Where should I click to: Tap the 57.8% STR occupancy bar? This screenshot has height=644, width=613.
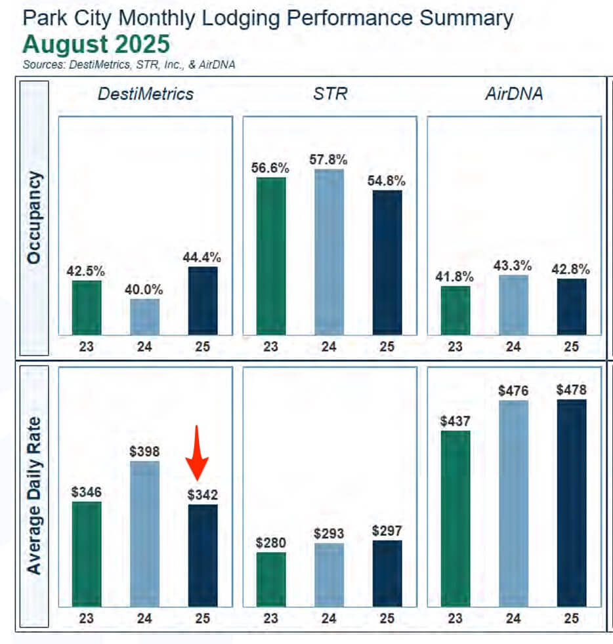pos(329,252)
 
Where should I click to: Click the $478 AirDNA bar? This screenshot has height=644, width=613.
pos(571,502)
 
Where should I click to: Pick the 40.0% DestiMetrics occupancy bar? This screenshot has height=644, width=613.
pos(144,316)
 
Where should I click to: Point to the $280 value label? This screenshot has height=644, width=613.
pos(270,542)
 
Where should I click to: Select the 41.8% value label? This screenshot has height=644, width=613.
pos(455,275)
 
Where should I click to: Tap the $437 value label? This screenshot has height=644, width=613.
pos(455,421)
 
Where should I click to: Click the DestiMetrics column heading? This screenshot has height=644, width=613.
pos(146,94)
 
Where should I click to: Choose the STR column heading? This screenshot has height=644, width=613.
pos(329,94)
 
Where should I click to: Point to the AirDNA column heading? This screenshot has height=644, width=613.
pos(514,94)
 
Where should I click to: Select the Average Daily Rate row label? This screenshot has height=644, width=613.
pos(34,495)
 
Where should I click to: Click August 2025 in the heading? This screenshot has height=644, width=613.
pos(96,45)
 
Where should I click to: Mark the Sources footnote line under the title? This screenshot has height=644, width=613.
pos(129,64)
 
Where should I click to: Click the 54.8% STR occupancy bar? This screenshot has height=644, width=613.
pos(387,262)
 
